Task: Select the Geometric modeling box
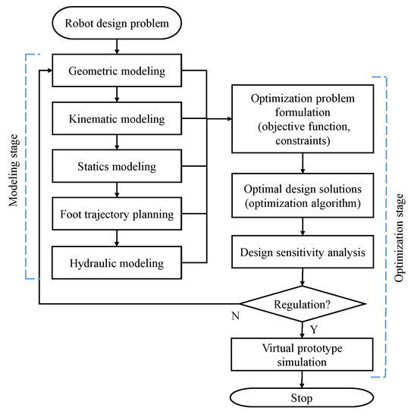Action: point(116,72)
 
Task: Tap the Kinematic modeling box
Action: point(116,119)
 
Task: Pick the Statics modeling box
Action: point(116,166)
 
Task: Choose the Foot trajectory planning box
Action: point(116,214)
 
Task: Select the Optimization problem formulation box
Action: point(303,119)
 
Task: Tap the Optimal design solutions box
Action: point(303,196)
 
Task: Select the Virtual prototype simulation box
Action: point(303,353)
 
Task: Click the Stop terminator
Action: point(303,397)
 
